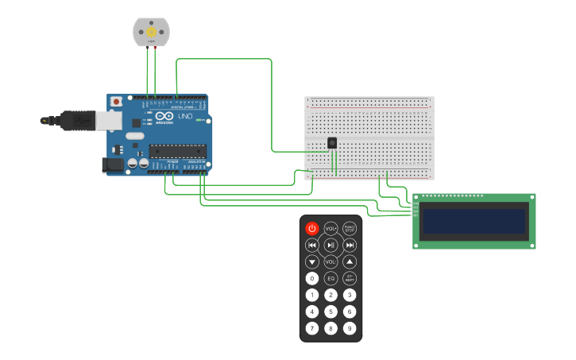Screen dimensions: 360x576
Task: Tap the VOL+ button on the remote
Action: [331, 228]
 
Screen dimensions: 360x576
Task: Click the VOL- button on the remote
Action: [331, 261]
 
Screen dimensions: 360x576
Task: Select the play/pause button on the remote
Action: [331, 245]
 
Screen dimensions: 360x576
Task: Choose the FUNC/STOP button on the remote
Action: [350, 228]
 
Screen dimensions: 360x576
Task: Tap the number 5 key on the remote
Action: [331, 312]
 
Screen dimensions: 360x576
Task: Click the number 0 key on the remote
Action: [312, 278]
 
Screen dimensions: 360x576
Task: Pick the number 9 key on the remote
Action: [350, 328]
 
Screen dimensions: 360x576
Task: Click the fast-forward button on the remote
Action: [350, 245]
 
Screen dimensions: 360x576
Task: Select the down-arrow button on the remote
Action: [312, 261]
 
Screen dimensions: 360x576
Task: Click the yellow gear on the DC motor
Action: [150, 32]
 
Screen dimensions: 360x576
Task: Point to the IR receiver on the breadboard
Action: [332, 142]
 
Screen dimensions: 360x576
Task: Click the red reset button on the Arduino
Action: [116, 102]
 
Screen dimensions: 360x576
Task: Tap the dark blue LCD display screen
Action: [474, 221]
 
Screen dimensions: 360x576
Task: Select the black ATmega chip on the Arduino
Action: [177, 151]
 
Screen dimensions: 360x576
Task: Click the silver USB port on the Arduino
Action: [109, 120]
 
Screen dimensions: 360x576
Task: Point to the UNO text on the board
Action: [184, 117]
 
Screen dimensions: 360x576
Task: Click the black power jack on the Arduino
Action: [113, 165]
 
